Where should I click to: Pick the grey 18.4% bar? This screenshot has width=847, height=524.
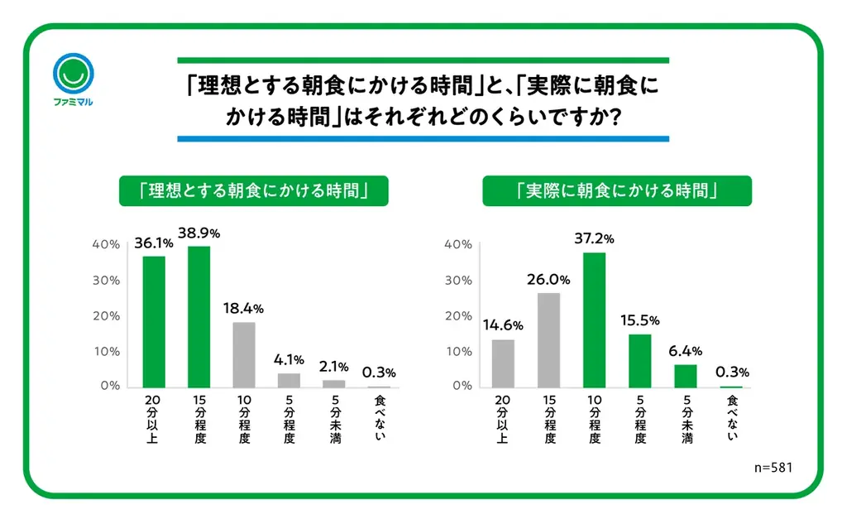(244, 354)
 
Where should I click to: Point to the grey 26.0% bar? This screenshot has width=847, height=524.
(548, 340)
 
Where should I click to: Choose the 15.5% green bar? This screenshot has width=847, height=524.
(639, 361)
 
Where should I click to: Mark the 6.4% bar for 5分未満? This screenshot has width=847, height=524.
(685, 376)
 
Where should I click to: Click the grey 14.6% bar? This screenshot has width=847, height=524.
(502, 363)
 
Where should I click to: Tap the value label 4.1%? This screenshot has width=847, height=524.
(290, 360)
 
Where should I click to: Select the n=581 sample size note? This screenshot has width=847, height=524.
(773, 468)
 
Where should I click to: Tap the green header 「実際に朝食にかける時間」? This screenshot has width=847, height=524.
(616, 190)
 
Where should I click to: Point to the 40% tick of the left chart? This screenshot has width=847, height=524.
(107, 245)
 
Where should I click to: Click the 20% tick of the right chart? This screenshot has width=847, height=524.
(458, 316)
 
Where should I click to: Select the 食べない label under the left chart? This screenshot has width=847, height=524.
(380, 419)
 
